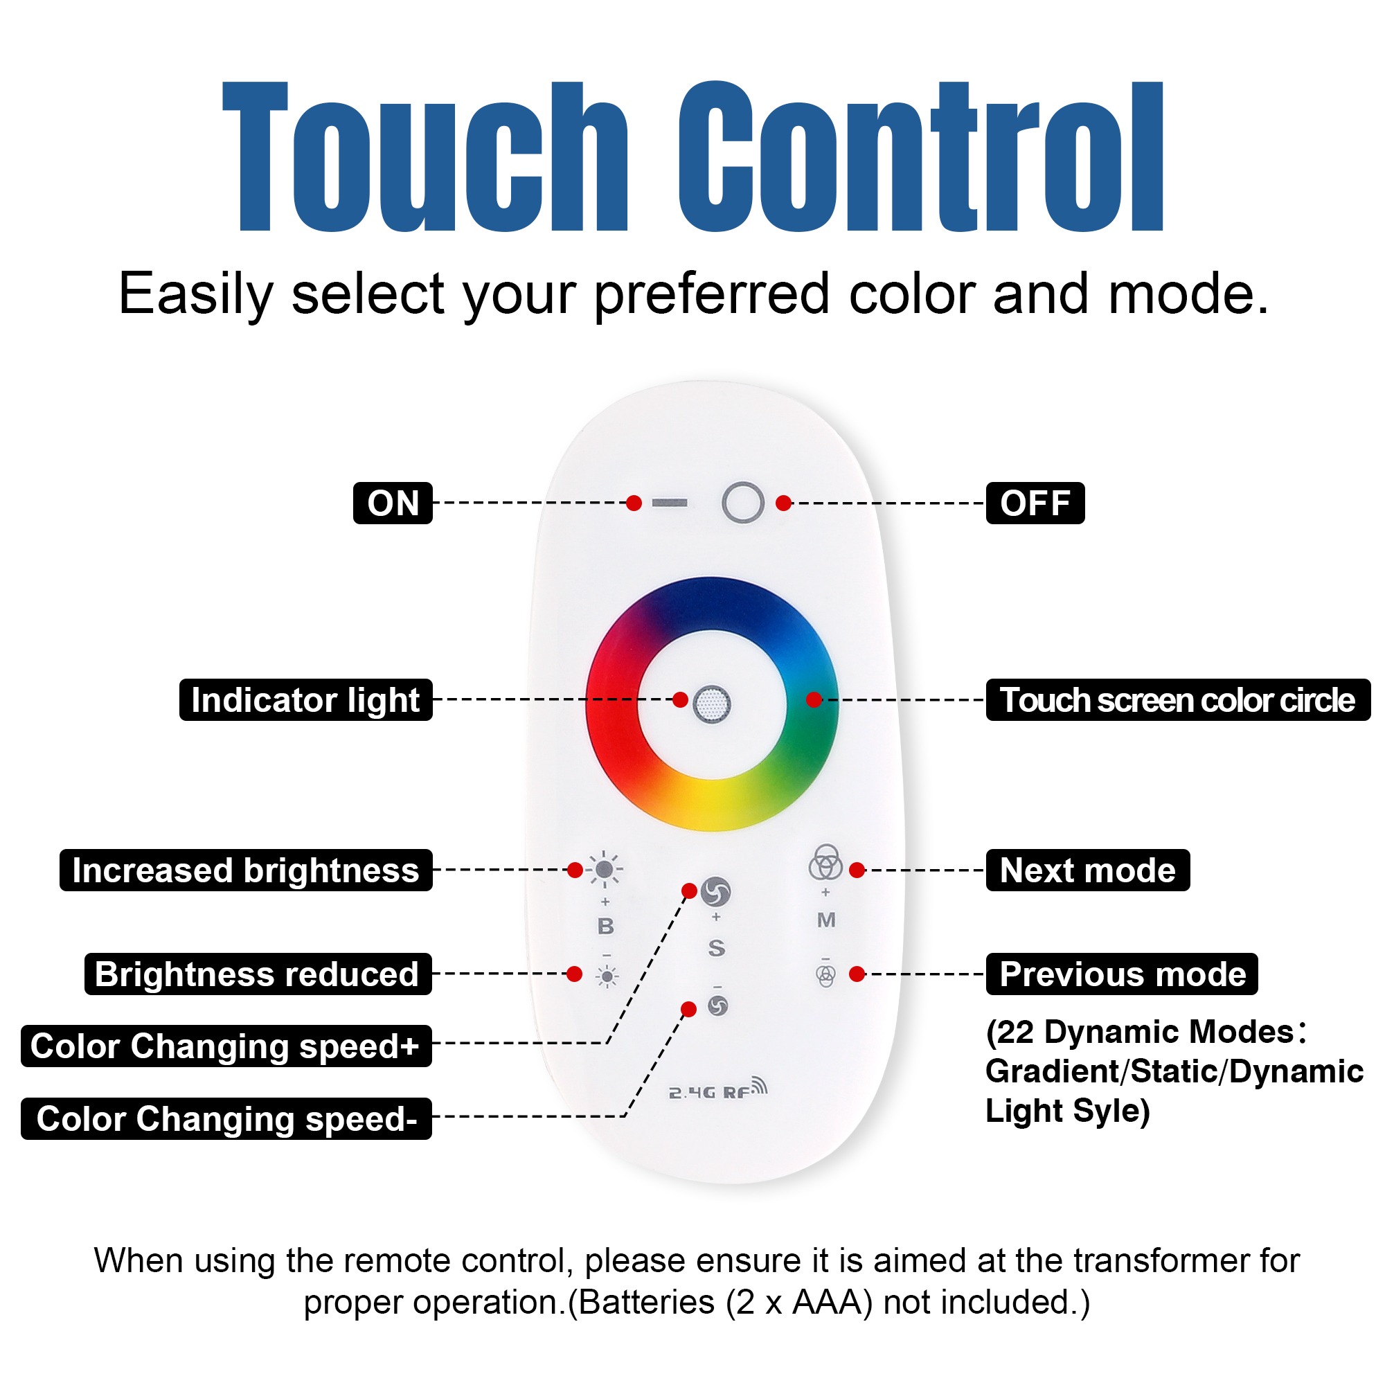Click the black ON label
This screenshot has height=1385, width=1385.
pyautogui.click(x=393, y=503)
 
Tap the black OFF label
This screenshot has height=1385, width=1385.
pyautogui.click(x=1035, y=503)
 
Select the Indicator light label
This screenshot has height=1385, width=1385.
pyautogui.click(x=305, y=699)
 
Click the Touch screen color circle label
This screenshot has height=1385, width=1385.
pyautogui.click(x=1178, y=699)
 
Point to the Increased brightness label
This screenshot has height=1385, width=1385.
pyautogui.click(x=246, y=870)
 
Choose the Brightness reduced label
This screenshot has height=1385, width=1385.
pyautogui.click(x=258, y=974)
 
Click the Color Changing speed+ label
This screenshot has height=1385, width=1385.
pyautogui.click(x=226, y=1046)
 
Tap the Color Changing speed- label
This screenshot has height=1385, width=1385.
pyautogui.click(x=226, y=1118)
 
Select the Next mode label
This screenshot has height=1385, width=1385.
pyautogui.click(x=1087, y=870)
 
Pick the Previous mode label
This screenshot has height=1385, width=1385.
pyautogui.click(x=1122, y=974)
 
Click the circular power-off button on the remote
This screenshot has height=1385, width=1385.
pyautogui.click(x=742, y=503)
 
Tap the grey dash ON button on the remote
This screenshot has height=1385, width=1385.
pyautogui.click(x=670, y=503)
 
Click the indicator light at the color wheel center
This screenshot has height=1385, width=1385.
pyautogui.click(x=712, y=704)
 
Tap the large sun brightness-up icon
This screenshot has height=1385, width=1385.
pyautogui.click(x=605, y=870)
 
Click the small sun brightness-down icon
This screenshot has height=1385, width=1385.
pyautogui.click(x=607, y=976)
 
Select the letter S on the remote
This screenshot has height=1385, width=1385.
pyautogui.click(x=716, y=948)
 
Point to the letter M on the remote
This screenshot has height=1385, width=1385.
pyautogui.click(x=826, y=920)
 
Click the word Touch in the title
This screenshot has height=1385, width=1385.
pyautogui.click(x=426, y=157)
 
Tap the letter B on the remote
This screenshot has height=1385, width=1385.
pyautogui.click(x=606, y=926)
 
